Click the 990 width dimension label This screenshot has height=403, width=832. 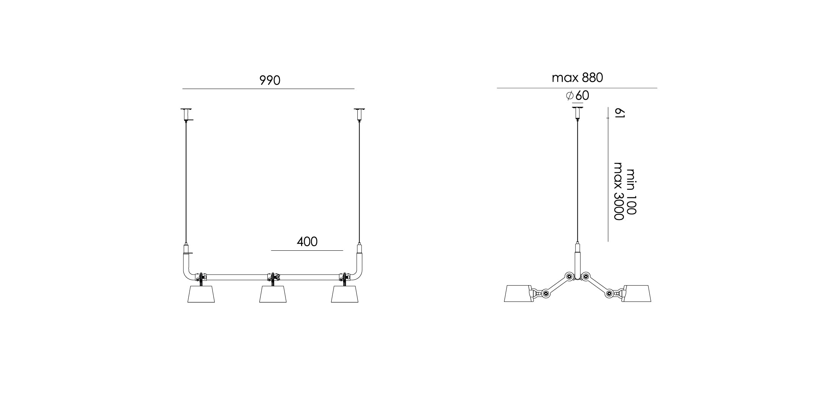(x=270, y=80)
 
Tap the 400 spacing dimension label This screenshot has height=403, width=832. (x=307, y=242)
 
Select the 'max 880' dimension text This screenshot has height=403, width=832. (x=577, y=78)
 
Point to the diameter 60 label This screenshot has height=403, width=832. (x=578, y=95)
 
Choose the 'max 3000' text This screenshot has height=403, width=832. (x=618, y=191)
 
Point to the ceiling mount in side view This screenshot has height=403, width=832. (x=577, y=113)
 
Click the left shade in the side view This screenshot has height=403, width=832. (x=518, y=294)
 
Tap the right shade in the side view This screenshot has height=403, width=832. (x=637, y=294)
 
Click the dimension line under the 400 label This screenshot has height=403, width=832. (x=307, y=250)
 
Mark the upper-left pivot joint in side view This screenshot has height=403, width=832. (x=568, y=276)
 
